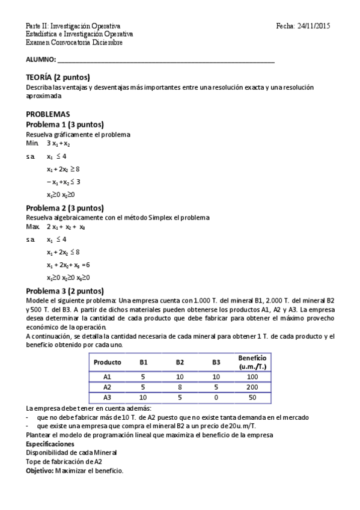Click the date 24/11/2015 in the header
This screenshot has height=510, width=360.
tap(314, 26)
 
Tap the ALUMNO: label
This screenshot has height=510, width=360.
tap(40, 60)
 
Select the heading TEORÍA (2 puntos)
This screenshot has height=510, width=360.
tap(58, 78)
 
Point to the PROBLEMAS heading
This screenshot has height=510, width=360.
tap(47, 114)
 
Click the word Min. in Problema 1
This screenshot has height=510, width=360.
tap(31, 144)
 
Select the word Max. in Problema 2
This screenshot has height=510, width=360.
tap(32, 227)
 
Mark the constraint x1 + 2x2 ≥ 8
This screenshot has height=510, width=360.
tap(63, 169)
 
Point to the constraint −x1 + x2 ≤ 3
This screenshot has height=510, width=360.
tap(63, 182)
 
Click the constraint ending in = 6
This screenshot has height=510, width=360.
tap(68, 265)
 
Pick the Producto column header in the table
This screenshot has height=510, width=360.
tap(108, 363)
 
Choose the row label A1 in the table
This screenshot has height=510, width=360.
tap(108, 377)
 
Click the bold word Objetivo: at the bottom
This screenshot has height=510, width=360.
tap(40, 470)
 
